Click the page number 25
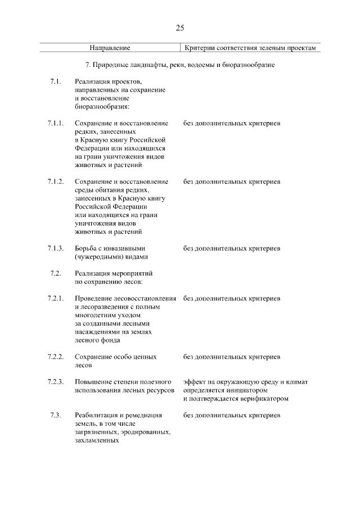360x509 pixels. (180, 28)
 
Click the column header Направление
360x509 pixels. (110, 49)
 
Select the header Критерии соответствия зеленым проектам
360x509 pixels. (251, 49)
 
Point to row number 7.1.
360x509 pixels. (55, 82)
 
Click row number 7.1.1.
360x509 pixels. (56, 123)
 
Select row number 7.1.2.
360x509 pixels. (56, 182)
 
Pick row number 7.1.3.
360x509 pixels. (56, 249)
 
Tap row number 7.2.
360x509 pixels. (55, 273)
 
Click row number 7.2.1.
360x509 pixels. (56, 298)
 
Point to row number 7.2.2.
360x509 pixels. (56, 357)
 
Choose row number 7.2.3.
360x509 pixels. (56, 382)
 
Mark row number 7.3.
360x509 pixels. (55, 416)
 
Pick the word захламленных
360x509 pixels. (96, 441)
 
